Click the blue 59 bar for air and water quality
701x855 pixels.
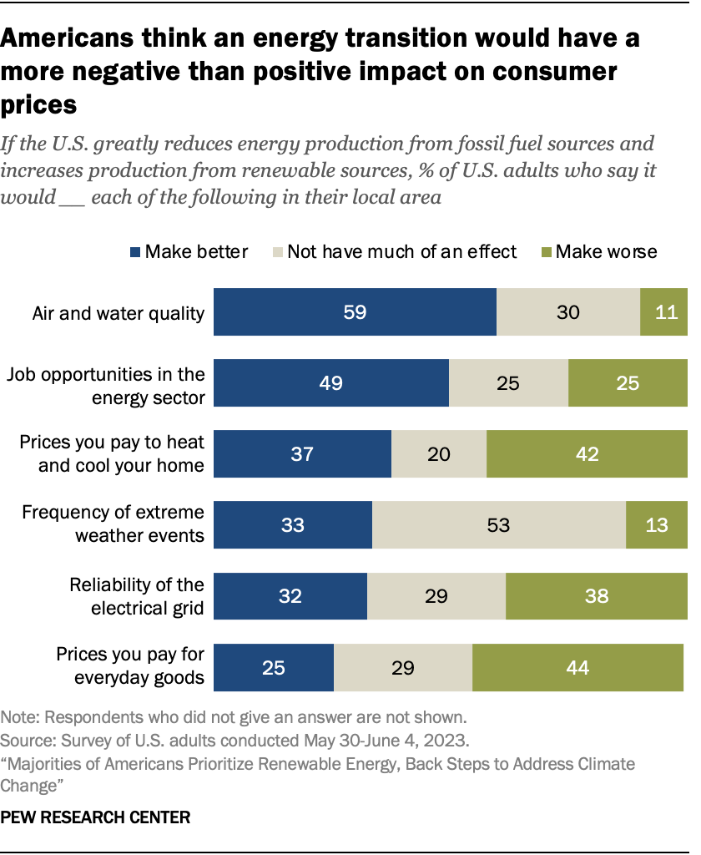(x=356, y=312)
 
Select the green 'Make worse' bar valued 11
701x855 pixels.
(x=663, y=312)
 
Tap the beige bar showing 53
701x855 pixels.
(x=498, y=525)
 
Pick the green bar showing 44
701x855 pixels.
(x=577, y=667)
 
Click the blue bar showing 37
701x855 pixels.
(x=303, y=454)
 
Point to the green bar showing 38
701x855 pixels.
(x=596, y=596)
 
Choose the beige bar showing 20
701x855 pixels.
(x=439, y=454)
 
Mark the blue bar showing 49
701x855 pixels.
(x=332, y=383)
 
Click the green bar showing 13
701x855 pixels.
(x=656, y=525)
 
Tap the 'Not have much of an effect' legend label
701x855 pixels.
(x=402, y=251)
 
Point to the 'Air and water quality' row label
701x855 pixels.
(x=118, y=313)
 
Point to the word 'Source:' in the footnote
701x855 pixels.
(x=25, y=740)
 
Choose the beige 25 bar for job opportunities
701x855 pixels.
(x=508, y=383)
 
